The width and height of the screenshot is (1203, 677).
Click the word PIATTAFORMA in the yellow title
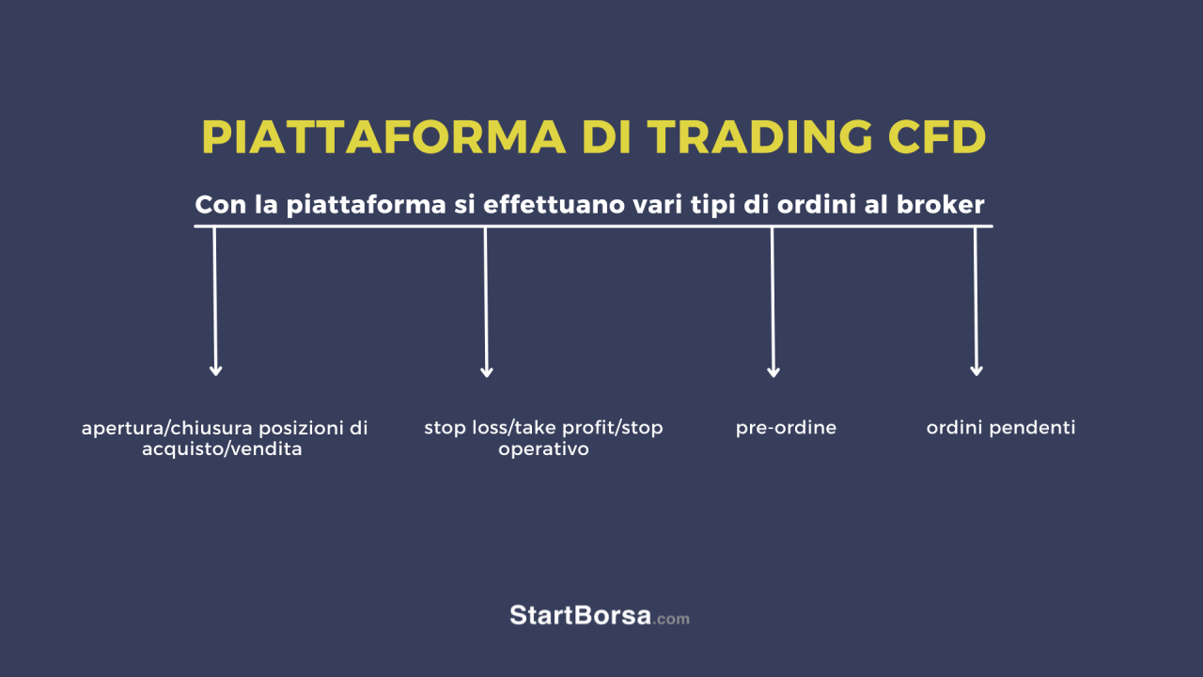point(383,137)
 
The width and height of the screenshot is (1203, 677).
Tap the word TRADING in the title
point(759,137)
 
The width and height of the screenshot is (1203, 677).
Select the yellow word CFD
point(937,137)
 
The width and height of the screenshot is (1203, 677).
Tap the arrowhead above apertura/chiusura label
point(216,370)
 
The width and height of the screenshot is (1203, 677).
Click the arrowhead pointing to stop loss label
point(487,371)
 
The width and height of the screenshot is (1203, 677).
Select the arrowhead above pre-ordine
point(773,371)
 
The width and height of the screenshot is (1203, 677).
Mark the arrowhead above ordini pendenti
point(976,370)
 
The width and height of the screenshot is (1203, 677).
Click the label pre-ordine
point(786,428)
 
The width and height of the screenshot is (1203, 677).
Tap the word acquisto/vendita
point(222,449)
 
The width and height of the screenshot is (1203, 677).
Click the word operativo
point(543,449)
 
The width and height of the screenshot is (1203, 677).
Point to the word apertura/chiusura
point(167,428)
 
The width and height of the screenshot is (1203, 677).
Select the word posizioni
point(299,428)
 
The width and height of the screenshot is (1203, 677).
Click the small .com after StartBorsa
point(671,619)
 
